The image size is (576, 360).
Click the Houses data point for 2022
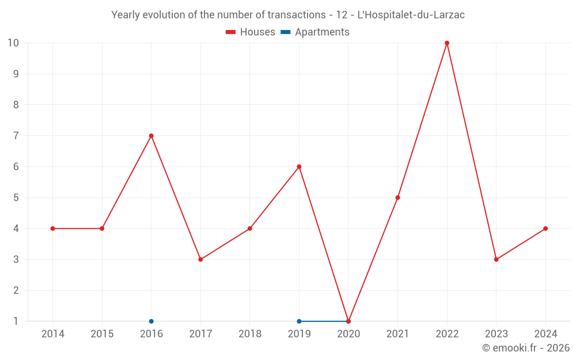point(447,43)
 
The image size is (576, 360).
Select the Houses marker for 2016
point(151,136)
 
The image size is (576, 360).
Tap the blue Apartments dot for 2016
point(151,321)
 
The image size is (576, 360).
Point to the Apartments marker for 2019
point(299,321)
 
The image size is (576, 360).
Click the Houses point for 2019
point(299,167)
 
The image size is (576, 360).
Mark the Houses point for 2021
point(397,198)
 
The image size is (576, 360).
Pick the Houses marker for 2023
point(496,259)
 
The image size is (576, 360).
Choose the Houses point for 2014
point(53,229)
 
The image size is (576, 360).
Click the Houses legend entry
point(251,32)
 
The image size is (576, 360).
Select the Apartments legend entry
point(315,32)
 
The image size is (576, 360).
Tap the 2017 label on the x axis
point(200,334)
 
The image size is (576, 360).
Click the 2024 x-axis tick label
point(545,334)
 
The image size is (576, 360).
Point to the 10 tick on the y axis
point(13,43)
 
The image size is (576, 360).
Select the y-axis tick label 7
point(16,136)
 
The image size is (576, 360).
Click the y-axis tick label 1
point(16,321)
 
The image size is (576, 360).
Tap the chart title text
point(288,15)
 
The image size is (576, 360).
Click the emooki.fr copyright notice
point(526,348)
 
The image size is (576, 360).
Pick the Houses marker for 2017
point(200,259)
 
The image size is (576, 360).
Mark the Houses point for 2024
point(545,229)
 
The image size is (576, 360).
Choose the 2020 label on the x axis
point(348,334)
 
